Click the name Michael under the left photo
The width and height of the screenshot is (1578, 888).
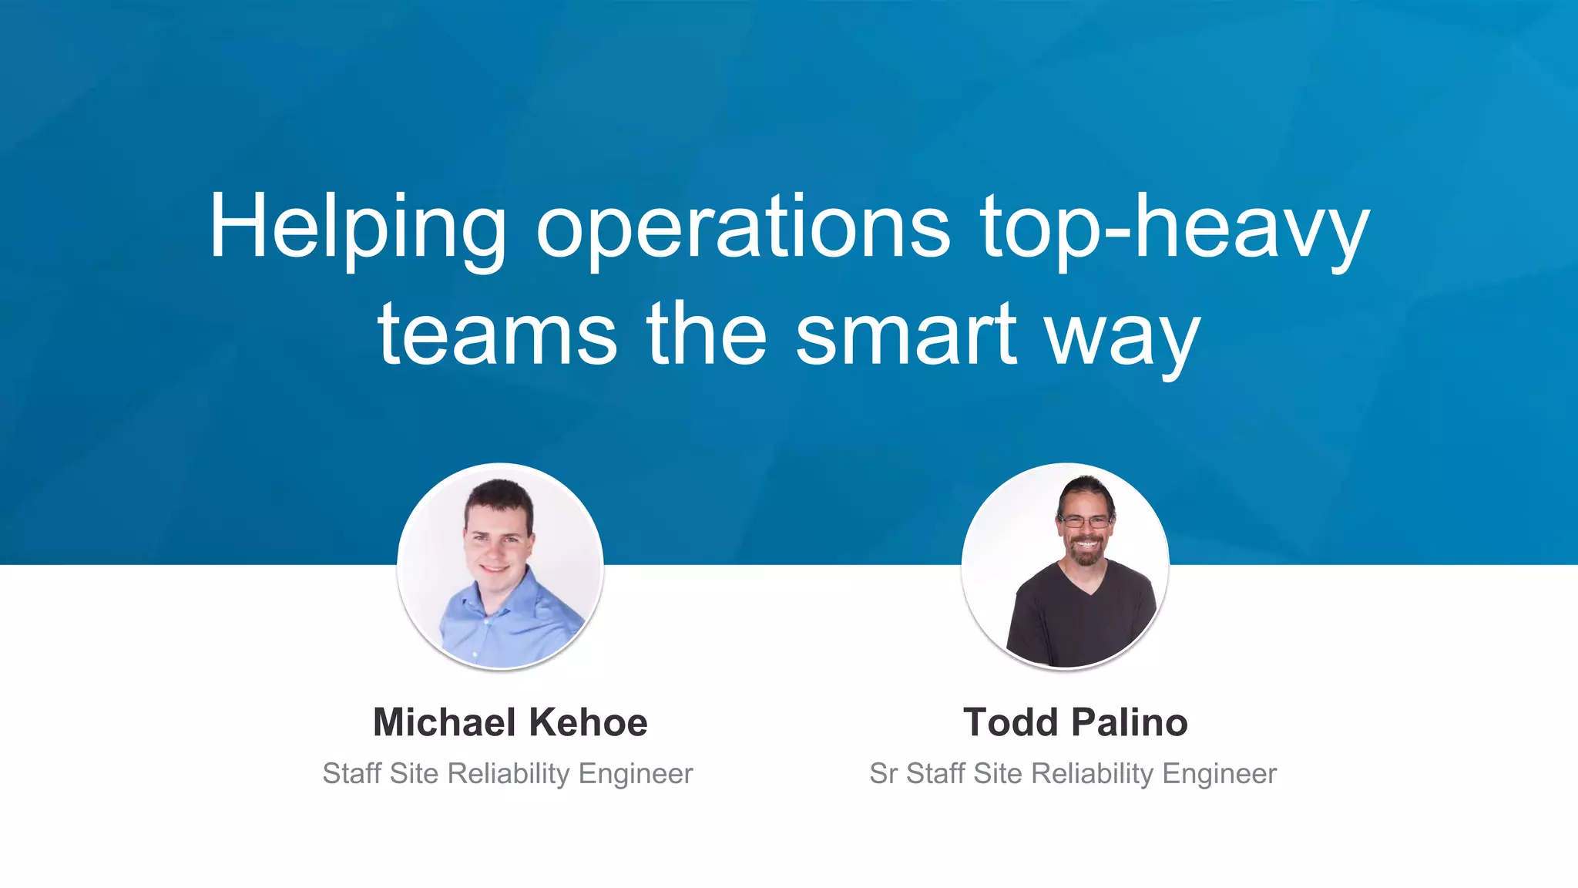point(445,722)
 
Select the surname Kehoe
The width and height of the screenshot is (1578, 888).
point(589,722)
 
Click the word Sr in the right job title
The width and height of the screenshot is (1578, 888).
point(883,773)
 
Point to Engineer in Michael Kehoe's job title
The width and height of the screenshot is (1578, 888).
point(636,773)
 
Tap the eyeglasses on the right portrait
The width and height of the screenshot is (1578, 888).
point(1086,522)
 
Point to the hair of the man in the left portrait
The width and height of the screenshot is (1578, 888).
point(499,497)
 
